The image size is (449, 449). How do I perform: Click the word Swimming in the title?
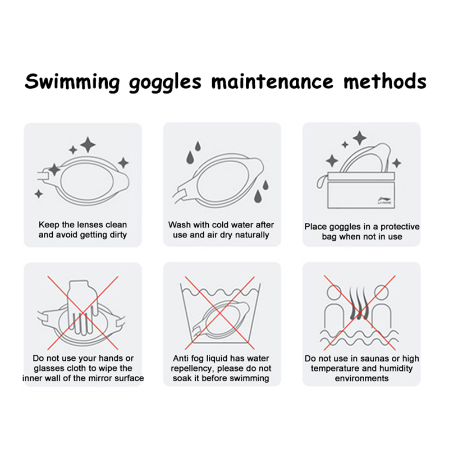click(x=72, y=82)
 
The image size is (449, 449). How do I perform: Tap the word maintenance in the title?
click(x=272, y=81)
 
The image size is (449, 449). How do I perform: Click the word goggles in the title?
click(x=165, y=83)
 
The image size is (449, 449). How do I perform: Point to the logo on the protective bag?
click(x=383, y=200)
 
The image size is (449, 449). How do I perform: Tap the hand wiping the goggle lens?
click(x=81, y=307)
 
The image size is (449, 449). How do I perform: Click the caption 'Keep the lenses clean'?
click(x=83, y=224)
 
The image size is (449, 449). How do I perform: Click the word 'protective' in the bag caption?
click(x=400, y=227)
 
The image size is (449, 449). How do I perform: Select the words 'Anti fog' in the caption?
click(x=186, y=358)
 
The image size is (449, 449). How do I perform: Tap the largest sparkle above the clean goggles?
click(x=88, y=145)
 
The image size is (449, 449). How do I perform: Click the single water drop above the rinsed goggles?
click(x=198, y=146)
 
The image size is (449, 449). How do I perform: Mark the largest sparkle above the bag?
click(x=360, y=138)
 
